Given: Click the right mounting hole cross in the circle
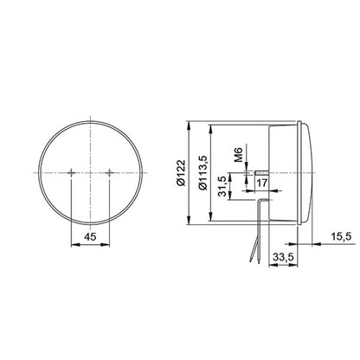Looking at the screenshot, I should click(109, 174).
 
